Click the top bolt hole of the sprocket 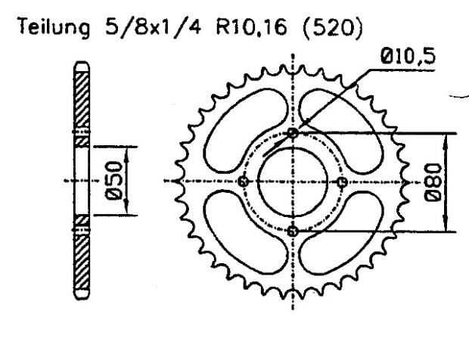click(x=294, y=133)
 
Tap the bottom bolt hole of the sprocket click(x=294, y=231)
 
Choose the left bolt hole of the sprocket click(x=244, y=182)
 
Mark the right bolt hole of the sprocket click(x=342, y=182)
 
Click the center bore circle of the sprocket click(x=294, y=182)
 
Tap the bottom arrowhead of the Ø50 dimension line click(x=127, y=211)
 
